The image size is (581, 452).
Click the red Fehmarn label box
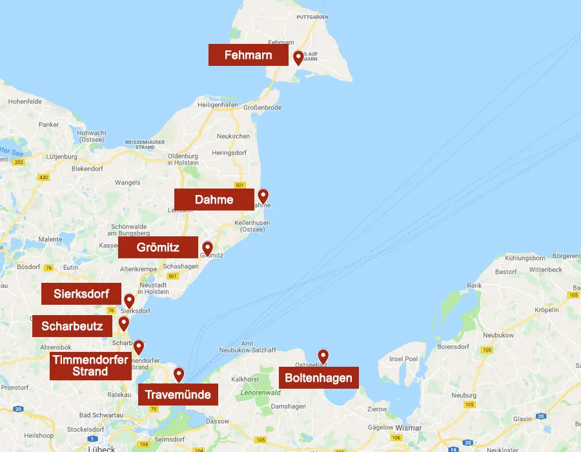pos(249,55)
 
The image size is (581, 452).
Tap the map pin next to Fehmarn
pos(298,57)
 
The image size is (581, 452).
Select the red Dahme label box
pos(214,200)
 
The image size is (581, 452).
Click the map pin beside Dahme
pos(263,196)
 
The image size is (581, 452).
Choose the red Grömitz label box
pos(158,247)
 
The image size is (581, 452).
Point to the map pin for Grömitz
pos(207,248)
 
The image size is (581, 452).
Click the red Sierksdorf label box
pos(81,294)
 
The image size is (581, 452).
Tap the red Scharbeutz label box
pos(72,326)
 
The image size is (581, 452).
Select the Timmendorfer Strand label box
pos(90,365)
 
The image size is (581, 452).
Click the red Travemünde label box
pos(178,395)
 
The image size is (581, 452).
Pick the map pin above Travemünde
pos(179,374)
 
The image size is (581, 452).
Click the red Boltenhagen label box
pos(319,378)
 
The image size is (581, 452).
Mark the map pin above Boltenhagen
pos(323,356)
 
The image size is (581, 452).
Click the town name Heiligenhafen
pos(218,105)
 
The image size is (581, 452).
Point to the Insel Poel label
pos(405,359)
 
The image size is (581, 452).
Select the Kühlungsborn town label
pos(526,257)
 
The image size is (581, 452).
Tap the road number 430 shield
pos(44,177)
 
